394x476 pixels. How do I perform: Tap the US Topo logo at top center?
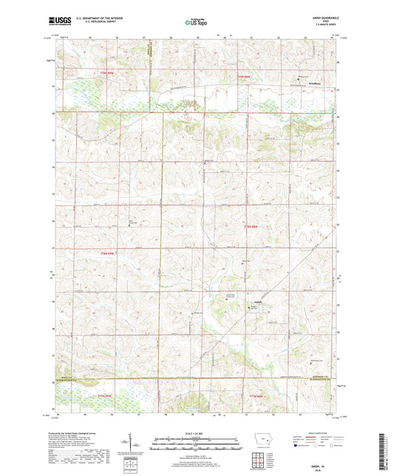point(196,22)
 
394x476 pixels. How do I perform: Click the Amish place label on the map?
point(257,302)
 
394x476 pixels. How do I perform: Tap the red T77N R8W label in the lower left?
point(106,398)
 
